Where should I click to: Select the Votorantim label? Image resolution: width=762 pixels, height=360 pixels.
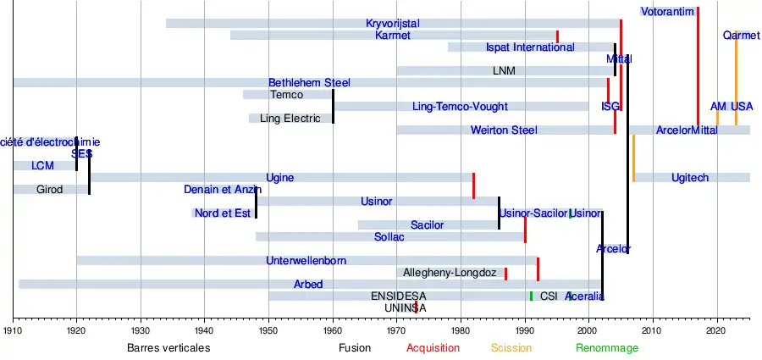pos(667,12)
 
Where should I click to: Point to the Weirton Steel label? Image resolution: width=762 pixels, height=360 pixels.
pos(504,130)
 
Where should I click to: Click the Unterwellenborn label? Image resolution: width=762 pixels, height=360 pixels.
pos(306,260)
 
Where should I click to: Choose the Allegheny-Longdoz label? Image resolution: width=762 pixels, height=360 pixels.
pos(450,273)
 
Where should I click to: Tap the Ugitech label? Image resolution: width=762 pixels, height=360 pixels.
pos(690,178)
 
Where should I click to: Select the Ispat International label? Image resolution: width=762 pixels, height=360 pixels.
pos(530,47)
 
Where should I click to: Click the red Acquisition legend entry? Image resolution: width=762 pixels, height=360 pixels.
pos(433,348)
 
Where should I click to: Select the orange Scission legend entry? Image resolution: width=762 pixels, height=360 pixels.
pos(511,348)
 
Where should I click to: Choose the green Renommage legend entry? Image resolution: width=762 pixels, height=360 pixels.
pos(607,348)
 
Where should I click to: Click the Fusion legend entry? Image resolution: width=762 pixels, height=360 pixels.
pos(355,348)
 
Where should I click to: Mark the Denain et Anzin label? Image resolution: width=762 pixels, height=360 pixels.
pos(223,190)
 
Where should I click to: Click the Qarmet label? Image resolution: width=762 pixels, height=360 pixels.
pos(742,36)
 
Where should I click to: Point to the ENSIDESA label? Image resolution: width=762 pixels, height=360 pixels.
pos(399,296)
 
